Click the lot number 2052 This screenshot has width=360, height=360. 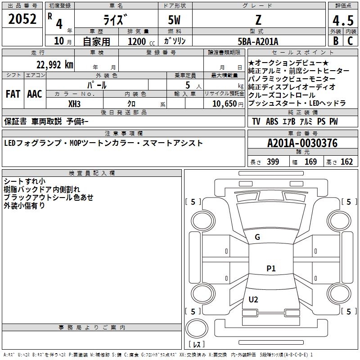tap(22, 19)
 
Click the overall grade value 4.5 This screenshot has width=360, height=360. tap(342, 21)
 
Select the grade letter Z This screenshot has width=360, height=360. tap(258, 20)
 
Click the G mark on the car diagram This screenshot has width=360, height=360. tap(257, 237)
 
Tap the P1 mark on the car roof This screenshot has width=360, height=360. tap(271, 269)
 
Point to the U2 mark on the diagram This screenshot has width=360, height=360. tap(253, 300)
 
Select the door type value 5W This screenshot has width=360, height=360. tap(175, 20)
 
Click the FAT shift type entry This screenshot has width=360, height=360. tap(13, 94)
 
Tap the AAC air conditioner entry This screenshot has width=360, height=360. tap(34, 94)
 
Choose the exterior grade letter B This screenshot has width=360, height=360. tap(336, 41)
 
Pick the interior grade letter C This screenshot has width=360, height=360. tap(350, 41)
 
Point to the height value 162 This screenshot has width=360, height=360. tap(346, 162)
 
